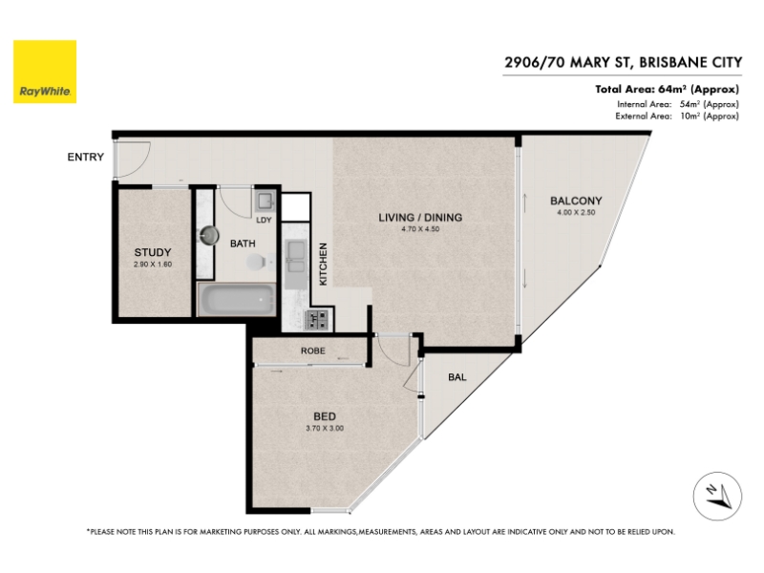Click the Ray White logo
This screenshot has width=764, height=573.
point(45,72)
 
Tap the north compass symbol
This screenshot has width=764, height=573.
point(718,497)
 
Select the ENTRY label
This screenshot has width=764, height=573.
point(86,157)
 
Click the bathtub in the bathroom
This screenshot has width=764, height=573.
point(237,299)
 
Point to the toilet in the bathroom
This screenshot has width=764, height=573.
point(258,262)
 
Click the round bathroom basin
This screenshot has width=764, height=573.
point(210,235)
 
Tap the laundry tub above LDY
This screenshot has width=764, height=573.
point(265,202)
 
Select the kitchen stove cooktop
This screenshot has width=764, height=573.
point(318,320)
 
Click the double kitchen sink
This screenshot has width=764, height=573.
point(296,256)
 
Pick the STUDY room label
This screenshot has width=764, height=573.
point(153,252)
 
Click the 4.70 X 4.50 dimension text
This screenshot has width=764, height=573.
point(420,229)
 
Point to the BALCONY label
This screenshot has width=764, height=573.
point(576,201)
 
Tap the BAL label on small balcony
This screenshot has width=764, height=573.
point(457,377)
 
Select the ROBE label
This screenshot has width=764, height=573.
point(313,350)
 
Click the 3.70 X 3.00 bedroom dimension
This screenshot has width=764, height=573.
point(325,428)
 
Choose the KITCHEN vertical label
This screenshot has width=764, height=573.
point(323,265)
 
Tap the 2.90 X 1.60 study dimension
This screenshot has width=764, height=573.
point(153,265)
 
